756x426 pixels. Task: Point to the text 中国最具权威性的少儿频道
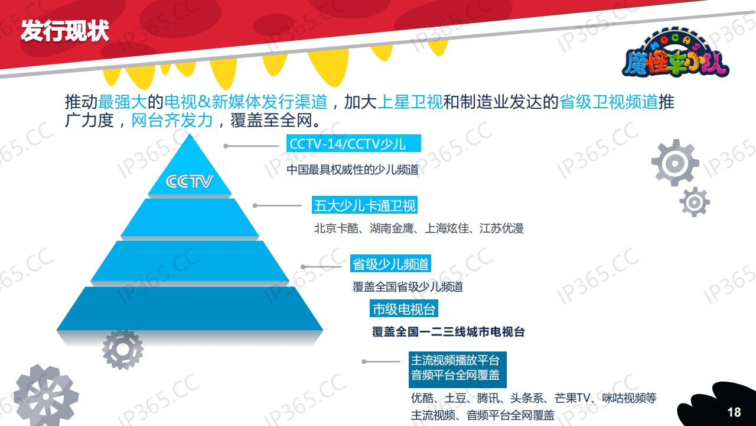tap(353, 170)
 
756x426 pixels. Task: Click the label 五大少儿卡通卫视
tap(365, 206)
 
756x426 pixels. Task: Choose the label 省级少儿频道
tap(390, 264)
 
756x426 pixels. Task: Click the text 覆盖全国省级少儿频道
tap(408, 287)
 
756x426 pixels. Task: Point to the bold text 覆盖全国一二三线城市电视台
tap(448, 332)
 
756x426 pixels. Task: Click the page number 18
tap(734, 412)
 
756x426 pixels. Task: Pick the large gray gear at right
tap(674, 162)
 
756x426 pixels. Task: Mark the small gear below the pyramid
tap(122, 349)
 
